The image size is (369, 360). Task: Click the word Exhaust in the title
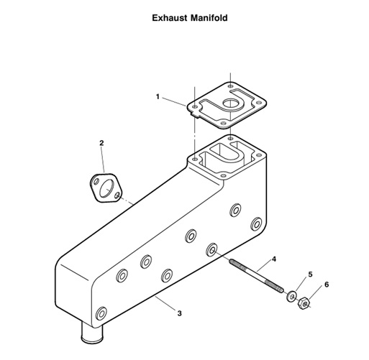[171, 17]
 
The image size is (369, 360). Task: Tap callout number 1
[158, 96]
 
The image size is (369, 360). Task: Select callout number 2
[101, 143]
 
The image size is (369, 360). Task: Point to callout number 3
[179, 313]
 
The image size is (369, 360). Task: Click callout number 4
[274, 258]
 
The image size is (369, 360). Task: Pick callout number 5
[310, 274]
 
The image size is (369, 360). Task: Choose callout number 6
[327, 285]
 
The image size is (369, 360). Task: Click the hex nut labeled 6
[304, 303]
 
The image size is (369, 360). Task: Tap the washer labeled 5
[291, 295]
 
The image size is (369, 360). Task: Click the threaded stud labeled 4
[255, 276]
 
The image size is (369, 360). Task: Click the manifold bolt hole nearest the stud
[213, 250]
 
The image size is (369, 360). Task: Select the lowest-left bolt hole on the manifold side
[101, 313]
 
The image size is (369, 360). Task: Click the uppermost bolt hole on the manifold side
[234, 211]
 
